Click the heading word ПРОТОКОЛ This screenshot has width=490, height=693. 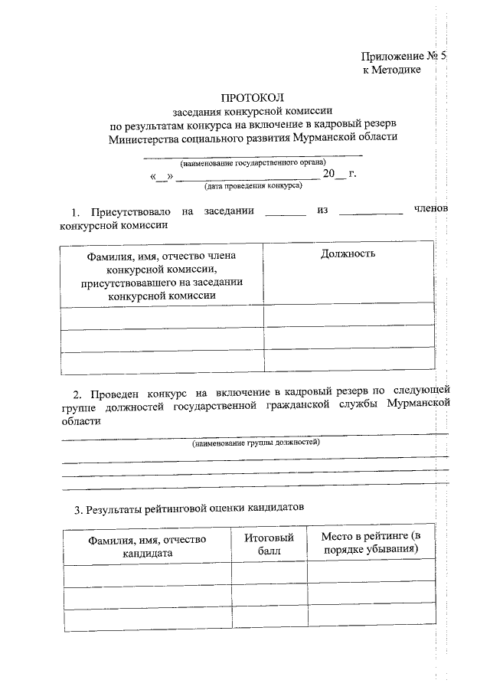pos(252,98)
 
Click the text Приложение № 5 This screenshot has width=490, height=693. pos(403,57)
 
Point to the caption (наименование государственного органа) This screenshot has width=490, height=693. pos(253,163)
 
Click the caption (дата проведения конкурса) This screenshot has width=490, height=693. pos(252,186)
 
